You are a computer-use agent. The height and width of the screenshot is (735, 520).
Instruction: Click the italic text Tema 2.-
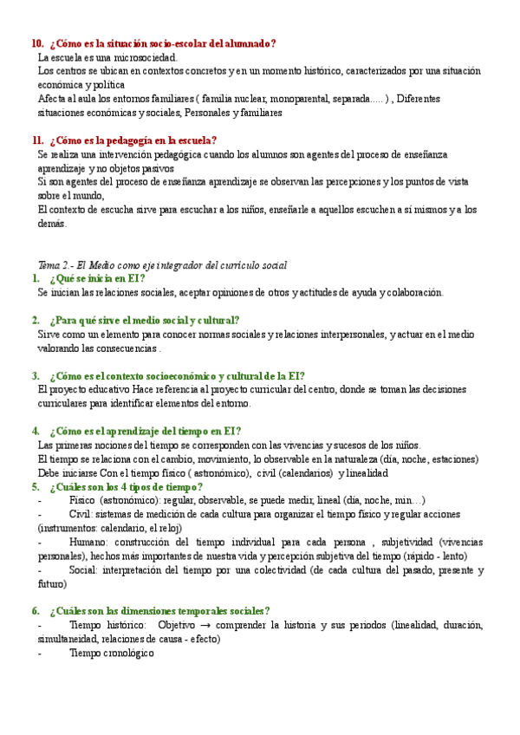pos(55,264)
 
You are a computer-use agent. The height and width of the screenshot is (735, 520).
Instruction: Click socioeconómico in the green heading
pos(169,375)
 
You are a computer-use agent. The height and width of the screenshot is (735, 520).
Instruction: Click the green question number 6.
pos(35,610)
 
